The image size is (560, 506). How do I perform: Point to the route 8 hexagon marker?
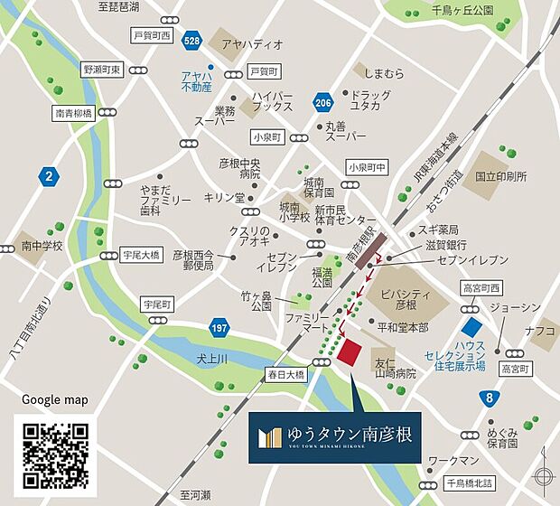(489, 396)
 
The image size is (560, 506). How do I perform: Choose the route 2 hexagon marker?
(48, 174)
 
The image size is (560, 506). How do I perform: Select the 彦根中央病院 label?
(239, 169)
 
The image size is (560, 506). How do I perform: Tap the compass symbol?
(544, 476)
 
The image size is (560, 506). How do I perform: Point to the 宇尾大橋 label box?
(143, 256)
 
